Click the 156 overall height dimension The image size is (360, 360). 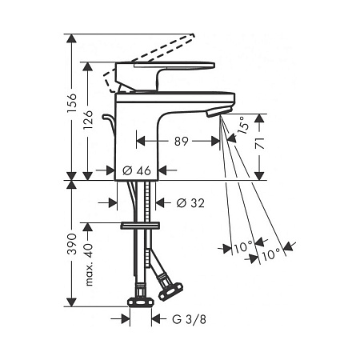click(72, 103)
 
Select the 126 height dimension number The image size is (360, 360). click(87, 120)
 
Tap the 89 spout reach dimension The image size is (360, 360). click(181, 141)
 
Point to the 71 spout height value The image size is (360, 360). click(259, 143)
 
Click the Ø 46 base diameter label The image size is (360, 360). click(137, 170)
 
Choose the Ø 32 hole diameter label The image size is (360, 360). click(190, 203)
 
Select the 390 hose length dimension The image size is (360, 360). click(72, 244)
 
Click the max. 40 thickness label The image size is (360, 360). click(89, 265)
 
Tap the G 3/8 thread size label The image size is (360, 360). click(189, 319)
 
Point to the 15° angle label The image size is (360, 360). click(243, 126)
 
